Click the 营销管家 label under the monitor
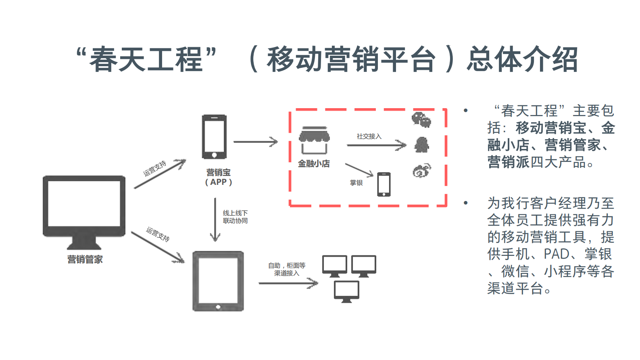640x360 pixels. pos(85,260)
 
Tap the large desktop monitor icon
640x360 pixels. pos(84,210)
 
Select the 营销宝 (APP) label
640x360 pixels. pos(219,177)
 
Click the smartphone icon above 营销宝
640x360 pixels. pos(214,137)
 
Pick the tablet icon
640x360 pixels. pos(218,281)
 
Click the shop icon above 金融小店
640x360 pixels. pos(314,140)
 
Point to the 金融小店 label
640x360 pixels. pos(314,163)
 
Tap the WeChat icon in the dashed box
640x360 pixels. pos(421,120)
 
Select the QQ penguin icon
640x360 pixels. pos(422,145)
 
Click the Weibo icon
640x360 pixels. pos(421,171)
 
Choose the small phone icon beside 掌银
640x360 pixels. pos(384,184)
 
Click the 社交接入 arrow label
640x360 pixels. pos(369,136)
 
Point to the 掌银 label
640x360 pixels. pos(356,183)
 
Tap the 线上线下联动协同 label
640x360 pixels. pos(235,217)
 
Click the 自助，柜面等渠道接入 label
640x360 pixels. pos(287,269)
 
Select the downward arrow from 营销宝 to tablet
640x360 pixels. pos(215,220)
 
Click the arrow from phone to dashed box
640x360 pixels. pos(256,142)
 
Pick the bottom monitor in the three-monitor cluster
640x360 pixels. pos(346,291)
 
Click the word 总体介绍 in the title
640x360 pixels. pos(522,59)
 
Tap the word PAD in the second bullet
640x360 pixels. pos(557,254)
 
